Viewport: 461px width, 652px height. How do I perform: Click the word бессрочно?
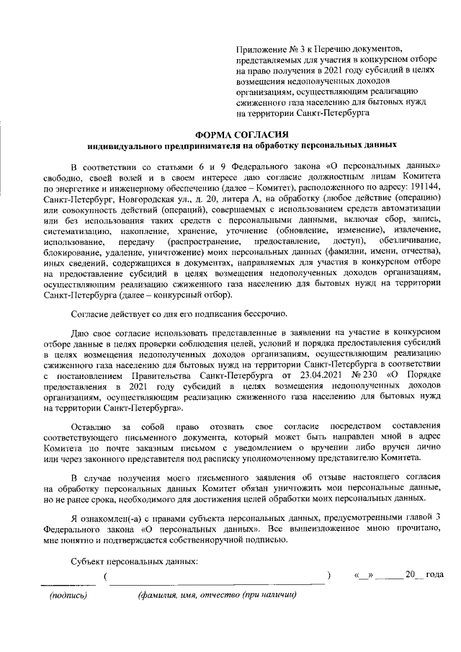point(265,313)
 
